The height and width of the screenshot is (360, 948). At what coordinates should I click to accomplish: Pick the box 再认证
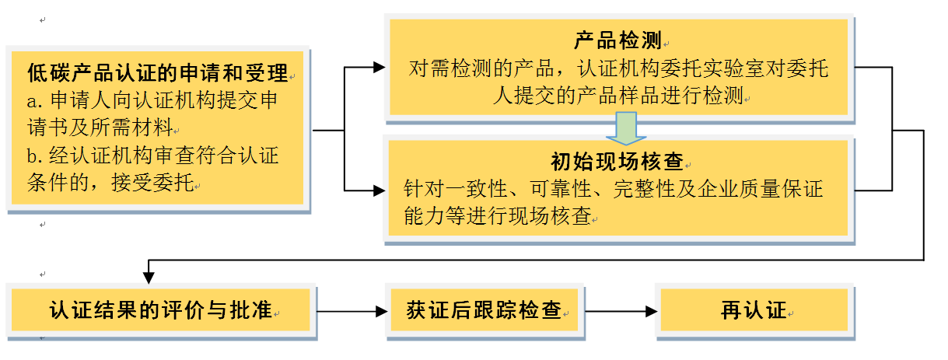[x=754, y=311]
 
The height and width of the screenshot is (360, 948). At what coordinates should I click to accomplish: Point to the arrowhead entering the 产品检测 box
[x=379, y=68]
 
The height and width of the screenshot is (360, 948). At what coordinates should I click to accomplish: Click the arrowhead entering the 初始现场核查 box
[x=379, y=189]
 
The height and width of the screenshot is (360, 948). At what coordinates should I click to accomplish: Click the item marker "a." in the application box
[x=35, y=101]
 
